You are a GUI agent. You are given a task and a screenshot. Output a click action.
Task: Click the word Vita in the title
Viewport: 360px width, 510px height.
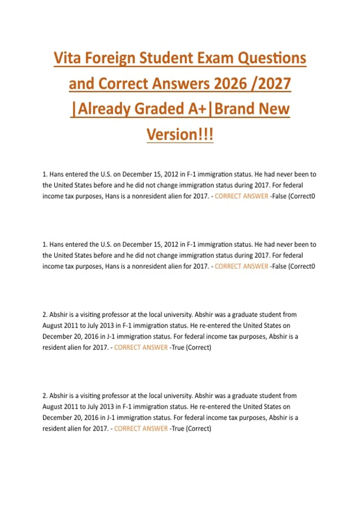coord(67,58)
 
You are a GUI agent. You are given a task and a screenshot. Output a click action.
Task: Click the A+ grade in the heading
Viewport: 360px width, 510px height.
coord(197,109)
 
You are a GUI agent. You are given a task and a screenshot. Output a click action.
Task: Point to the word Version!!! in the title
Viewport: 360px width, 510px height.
coord(180,134)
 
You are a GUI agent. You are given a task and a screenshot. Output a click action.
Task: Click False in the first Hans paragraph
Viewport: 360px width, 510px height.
coord(279,196)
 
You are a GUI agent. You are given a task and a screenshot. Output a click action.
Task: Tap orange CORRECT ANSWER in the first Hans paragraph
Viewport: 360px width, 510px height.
coord(241,196)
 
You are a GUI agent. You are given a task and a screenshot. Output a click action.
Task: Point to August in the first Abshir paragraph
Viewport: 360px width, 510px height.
coord(52,325)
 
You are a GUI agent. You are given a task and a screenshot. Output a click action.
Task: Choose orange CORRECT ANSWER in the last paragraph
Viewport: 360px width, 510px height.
coord(141,428)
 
